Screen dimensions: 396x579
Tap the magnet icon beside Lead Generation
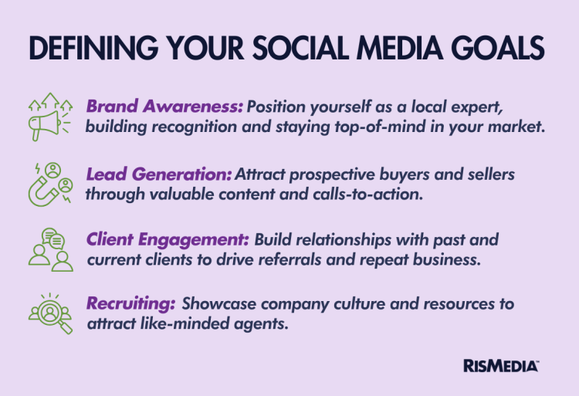pos(49,184)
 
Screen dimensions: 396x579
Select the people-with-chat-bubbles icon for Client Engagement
pos(49,249)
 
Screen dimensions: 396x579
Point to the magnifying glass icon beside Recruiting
pos(50,313)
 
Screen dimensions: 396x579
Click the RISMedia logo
pos(501,365)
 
